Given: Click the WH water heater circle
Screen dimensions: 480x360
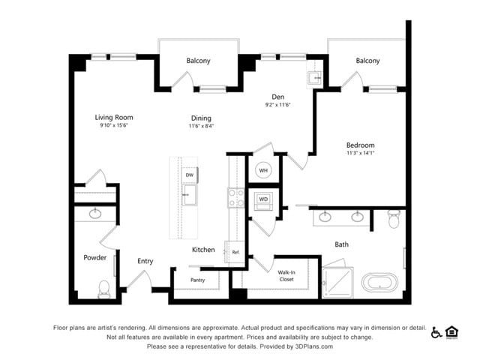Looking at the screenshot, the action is [263, 170].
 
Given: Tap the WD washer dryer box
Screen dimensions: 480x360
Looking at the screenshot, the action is [263, 202].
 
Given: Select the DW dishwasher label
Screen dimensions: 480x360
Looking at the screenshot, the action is [190, 175].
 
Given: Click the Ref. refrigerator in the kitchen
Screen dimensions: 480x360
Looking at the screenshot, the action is [235, 252].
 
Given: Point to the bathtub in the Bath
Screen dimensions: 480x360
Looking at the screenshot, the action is [379, 283].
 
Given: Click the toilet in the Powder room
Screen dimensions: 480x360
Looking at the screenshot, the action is [104, 289].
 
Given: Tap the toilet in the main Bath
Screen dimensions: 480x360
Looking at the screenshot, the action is [394, 218].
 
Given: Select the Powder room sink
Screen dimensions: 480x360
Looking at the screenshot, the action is [95, 213].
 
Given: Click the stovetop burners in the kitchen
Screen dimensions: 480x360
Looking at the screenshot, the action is [236, 198].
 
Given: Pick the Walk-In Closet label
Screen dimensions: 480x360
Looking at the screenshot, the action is [286, 276].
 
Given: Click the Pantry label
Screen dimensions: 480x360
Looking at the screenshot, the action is [197, 280].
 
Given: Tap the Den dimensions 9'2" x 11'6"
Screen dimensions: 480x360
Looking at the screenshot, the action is [277, 105].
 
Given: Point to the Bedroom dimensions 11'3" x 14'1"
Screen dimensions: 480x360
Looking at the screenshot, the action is [360, 153].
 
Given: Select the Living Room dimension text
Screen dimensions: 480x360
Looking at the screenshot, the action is [113, 125].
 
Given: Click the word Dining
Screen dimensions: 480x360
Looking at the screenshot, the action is [201, 118].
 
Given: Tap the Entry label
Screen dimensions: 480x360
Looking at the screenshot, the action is [145, 261].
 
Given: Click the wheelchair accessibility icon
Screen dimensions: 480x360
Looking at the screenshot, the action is [436, 332].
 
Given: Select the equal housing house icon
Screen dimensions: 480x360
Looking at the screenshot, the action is [451, 333].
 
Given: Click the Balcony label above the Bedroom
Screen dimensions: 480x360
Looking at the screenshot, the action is [367, 61].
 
